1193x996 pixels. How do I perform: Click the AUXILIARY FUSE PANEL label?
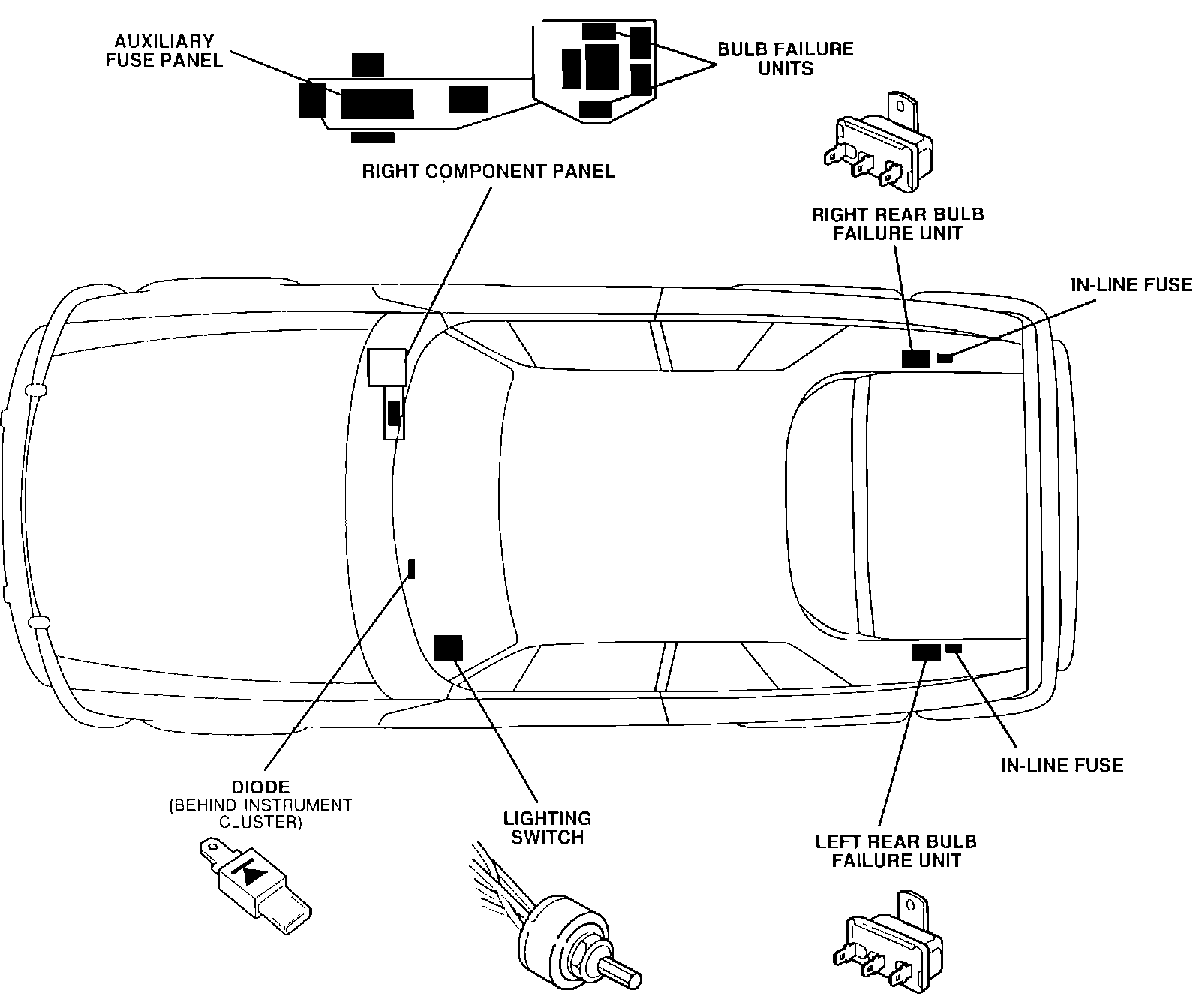click(164, 50)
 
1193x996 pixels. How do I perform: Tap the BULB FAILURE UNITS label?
click(786, 58)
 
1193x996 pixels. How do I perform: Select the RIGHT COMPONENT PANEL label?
click(488, 171)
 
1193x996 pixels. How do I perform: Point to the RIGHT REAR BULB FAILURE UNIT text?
click(897, 223)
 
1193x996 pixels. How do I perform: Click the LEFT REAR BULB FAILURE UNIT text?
click(896, 850)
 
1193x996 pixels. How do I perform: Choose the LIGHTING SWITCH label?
click(547, 827)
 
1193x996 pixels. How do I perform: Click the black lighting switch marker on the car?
click(449, 647)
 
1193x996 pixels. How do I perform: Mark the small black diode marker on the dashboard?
click(411, 569)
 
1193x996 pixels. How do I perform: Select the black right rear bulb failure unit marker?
click(916, 358)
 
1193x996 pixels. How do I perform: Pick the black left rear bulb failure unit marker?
click(926, 652)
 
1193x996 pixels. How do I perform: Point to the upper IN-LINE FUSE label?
click(1130, 283)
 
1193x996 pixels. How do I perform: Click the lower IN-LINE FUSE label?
click(1062, 765)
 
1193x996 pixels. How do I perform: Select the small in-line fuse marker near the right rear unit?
click(945, 358)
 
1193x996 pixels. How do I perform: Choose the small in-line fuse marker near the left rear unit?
click(954, 648)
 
